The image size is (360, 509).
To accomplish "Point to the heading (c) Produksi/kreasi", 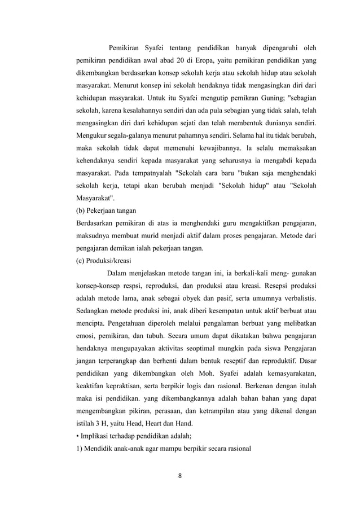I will (x=104, y=261).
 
